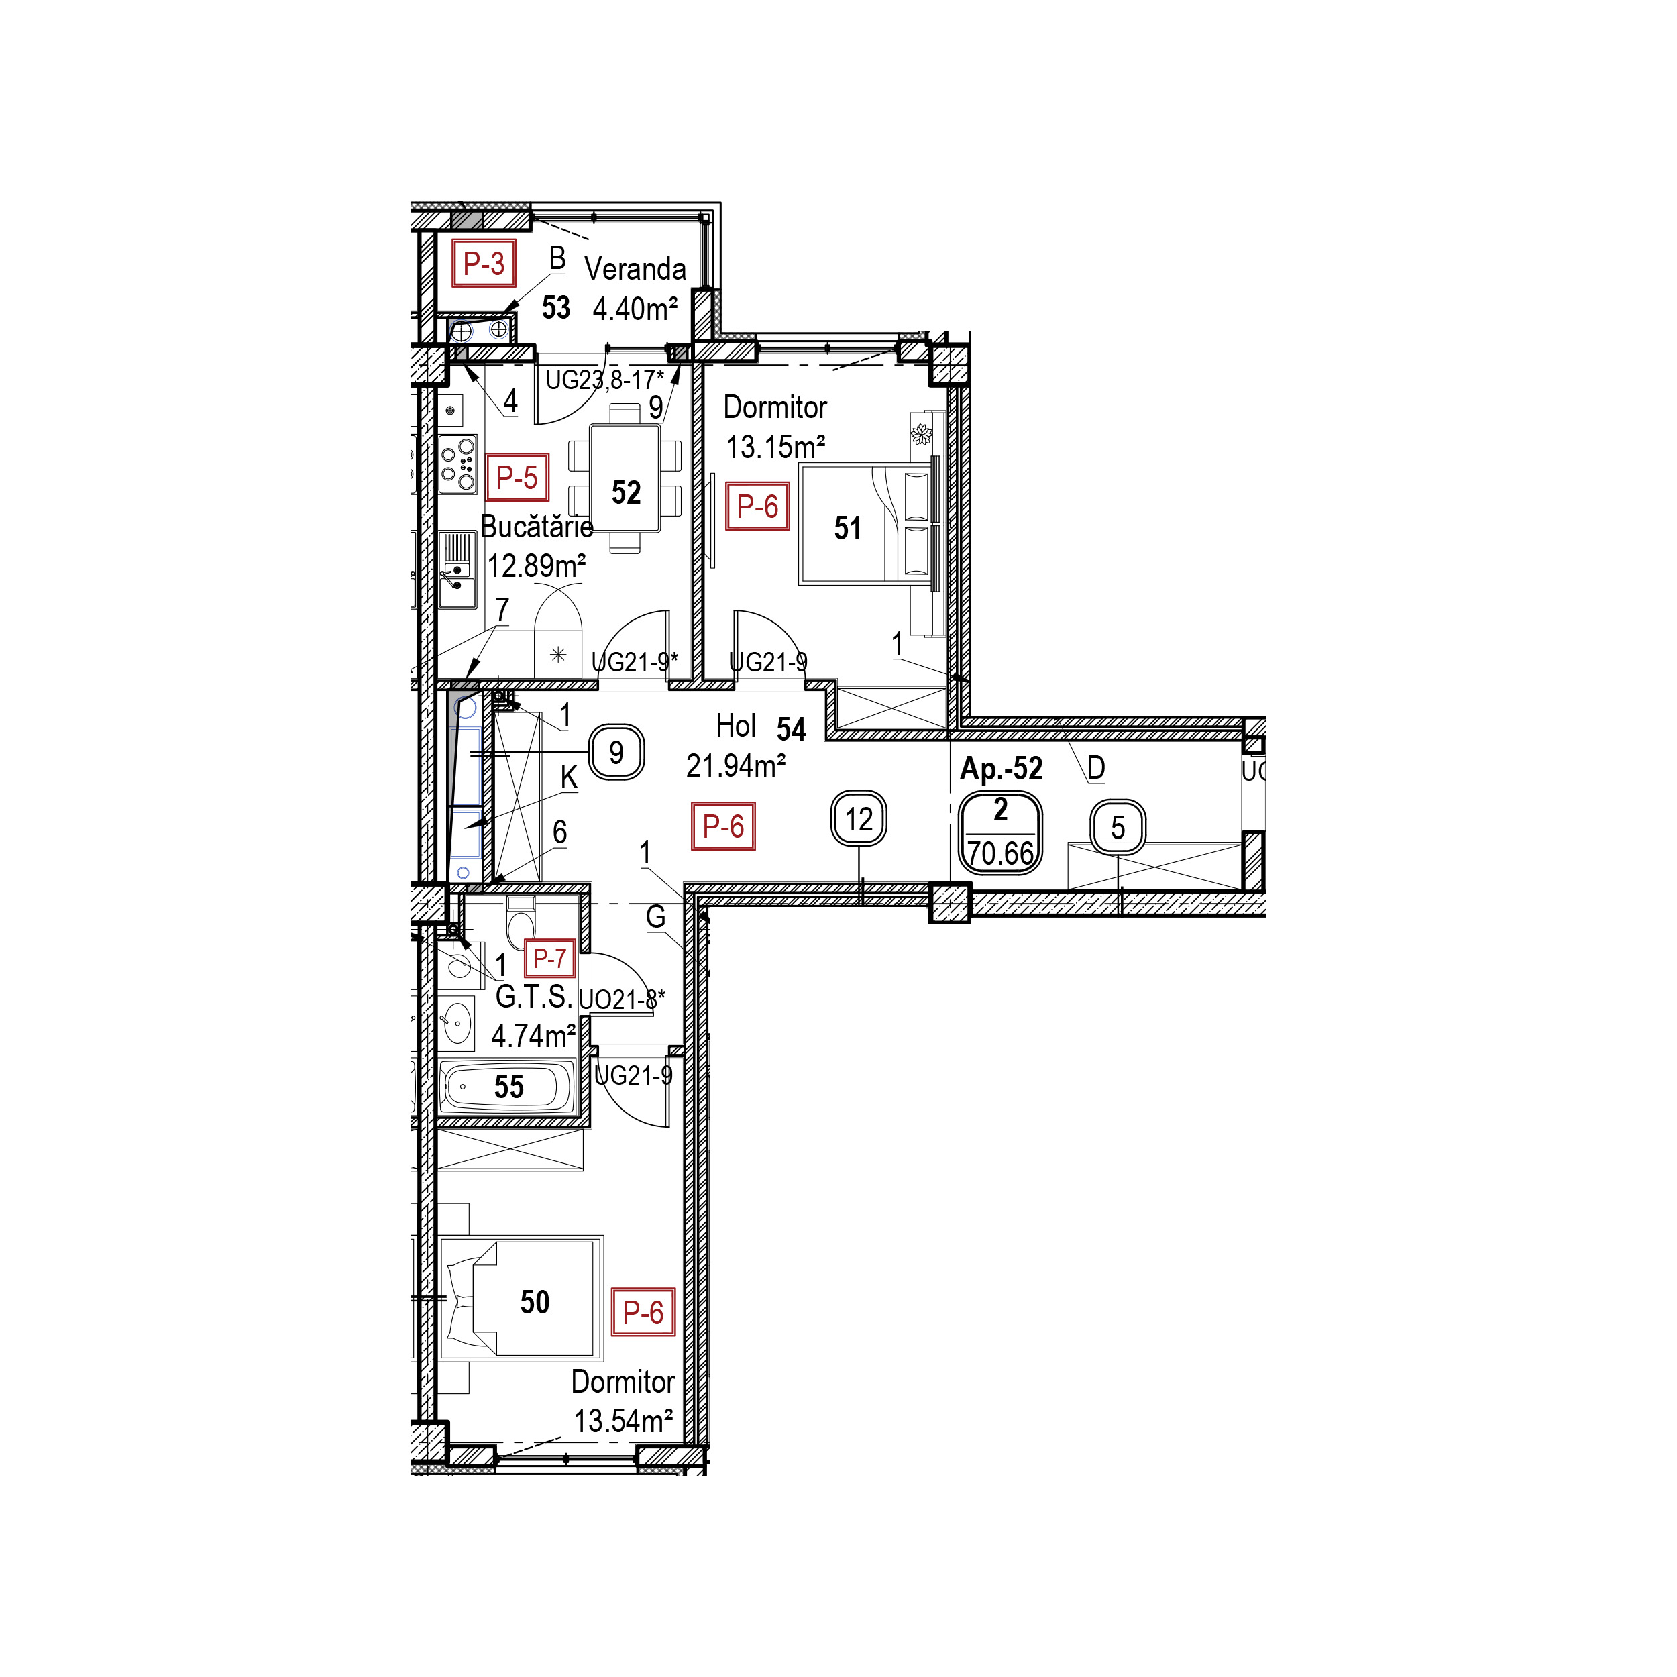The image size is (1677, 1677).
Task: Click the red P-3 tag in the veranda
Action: coord(484,263)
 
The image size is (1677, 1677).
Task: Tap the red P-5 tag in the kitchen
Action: coord(517,478)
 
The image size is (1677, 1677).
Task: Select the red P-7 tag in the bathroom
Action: coord(549,959)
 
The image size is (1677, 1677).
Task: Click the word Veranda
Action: coord(635,269)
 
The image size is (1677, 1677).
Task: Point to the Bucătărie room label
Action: coord(537,526)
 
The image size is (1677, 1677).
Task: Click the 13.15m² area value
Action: coord(775,447)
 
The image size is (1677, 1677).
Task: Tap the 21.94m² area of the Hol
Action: coord(736,765)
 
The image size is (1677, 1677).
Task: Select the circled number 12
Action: coord(859,818)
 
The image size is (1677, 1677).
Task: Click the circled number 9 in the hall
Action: coord(616,752)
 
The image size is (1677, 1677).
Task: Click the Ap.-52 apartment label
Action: coord(1001,769)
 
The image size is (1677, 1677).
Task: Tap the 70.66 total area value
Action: coord(1001,853)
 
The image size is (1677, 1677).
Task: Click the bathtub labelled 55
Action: coord(508,1086)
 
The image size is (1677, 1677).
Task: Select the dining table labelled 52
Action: coord(625,478)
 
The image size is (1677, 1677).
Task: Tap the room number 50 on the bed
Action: coord(535,1302)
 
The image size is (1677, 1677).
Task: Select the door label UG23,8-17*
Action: coord(604,379)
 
